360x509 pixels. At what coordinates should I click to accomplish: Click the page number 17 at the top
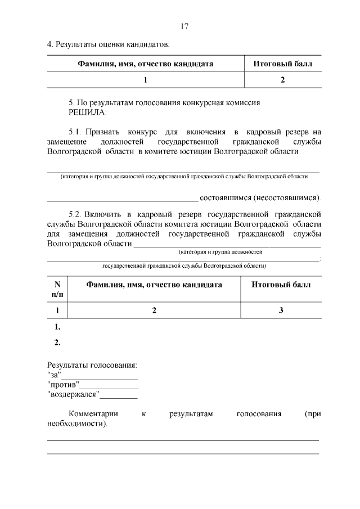point(184,26)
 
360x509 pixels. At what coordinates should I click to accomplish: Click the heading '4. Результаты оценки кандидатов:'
point(107,43)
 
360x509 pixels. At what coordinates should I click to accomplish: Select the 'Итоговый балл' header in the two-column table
point(283,64)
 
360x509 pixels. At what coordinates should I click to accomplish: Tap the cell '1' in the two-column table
point(145,80)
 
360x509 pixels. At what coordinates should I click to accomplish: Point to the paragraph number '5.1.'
point(76,132)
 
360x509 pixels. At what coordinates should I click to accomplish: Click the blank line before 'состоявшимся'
point(122,198)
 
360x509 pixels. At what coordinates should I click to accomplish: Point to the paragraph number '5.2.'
point(76,214)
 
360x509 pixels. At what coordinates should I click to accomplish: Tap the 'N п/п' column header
point(57,289)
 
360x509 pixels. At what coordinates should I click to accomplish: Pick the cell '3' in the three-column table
point(281,310)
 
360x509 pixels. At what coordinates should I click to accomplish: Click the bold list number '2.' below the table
point(57,342)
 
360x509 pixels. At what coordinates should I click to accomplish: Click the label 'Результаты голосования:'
point(92,365)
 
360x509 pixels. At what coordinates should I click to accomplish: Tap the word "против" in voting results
point(62,385)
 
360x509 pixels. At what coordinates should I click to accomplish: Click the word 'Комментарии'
point(93,414)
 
